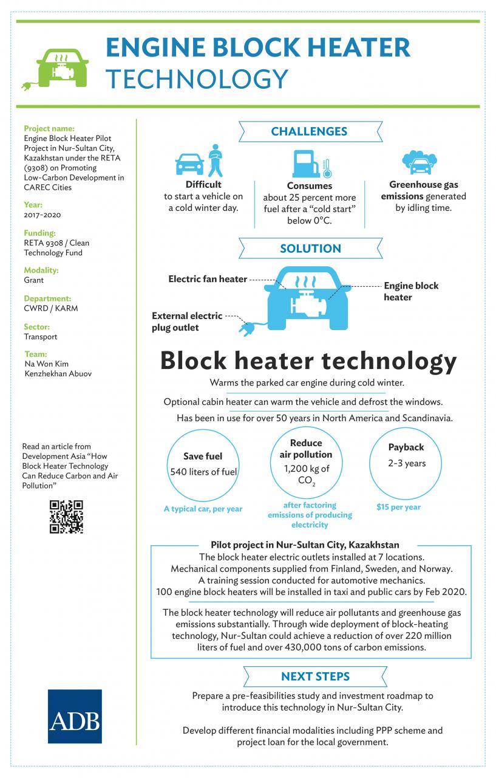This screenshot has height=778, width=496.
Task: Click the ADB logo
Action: (75, 716)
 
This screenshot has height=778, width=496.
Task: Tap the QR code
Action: (66, 517)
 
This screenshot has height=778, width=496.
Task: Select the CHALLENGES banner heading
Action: (309, 131)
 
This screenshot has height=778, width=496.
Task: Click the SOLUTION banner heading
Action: (310, 249)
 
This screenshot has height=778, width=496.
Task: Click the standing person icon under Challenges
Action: (216, 160)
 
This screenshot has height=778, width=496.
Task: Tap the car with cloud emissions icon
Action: (420, 162)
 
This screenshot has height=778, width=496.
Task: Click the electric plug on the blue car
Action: (246, 329)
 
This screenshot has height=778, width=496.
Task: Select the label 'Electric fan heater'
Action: (208, 279)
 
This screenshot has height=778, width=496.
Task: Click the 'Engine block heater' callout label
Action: (411, 291)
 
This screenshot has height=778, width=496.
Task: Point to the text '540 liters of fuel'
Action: (203, 472)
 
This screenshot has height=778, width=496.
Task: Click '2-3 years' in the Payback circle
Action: (407, 463)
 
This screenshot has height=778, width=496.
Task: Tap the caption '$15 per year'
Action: (398, 507)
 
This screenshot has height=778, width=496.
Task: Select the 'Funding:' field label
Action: (39, 233)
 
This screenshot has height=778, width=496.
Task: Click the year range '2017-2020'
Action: (42, 215)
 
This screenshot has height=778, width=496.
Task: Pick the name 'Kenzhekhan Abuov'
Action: (58, 374)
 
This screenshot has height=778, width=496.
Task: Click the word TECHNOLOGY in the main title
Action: (197, 79)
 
